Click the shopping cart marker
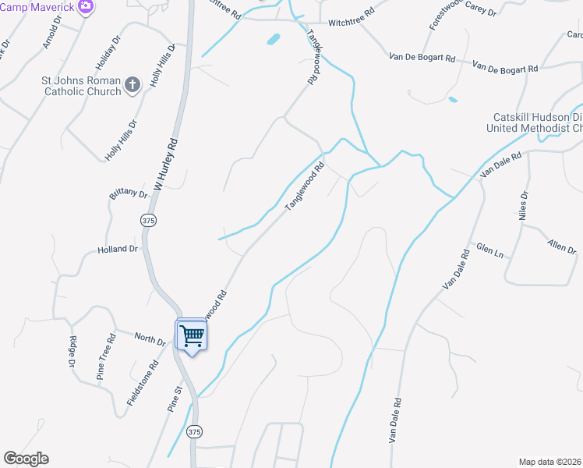click(192, 337)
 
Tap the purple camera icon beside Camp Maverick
click(87, 7)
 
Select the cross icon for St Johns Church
click(132, 84)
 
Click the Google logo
click(26, 459)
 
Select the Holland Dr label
click(118, 250)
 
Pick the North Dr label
click(150, 340)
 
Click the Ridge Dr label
click(72, 351)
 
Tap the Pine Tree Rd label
click(106, 356)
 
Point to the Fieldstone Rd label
click(143, 382)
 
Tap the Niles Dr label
click(525, 205)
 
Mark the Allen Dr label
click(561, 247)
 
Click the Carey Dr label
click(481, 12)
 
